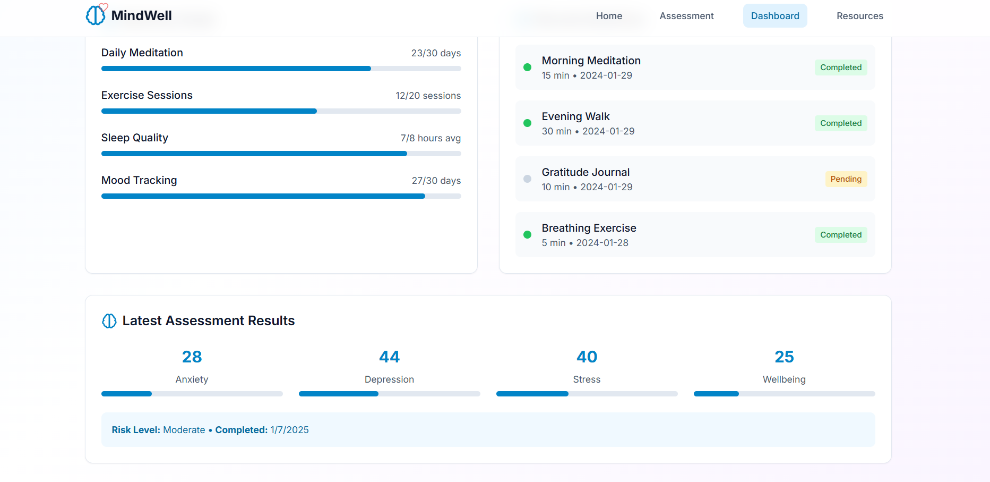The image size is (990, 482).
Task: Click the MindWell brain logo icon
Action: (x=96, y=15)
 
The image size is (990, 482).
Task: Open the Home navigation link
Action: (x=609, y=16)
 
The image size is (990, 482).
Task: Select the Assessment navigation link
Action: (x=686, y=16)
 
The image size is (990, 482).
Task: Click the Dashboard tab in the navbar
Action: (x=774, y=16)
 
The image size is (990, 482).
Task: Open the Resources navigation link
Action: (x=859, y=16)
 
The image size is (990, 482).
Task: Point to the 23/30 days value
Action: (x=436, y=53)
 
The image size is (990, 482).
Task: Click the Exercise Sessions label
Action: (x=147, y=95)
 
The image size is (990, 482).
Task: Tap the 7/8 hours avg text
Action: (x=431, y=138)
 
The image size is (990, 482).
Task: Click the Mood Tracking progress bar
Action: (x=281, y=196)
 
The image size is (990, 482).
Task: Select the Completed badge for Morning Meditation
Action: (x=840, y=67)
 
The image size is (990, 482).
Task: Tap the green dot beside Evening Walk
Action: (x=527, y=123)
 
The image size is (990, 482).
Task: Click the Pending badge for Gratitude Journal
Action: (x=846, y=179)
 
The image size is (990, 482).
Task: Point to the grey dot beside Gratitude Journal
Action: (x=527, y=179)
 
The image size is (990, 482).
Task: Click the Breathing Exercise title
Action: (x=589, y=228)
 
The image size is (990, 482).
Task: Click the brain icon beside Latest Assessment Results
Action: (x=109, y=321)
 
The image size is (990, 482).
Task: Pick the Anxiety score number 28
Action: (x=192, y=357)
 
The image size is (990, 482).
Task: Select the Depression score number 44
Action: (x=389, y=357)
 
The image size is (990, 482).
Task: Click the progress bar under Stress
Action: (x=587, y=394)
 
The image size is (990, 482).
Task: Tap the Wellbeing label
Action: (x=784, y=379)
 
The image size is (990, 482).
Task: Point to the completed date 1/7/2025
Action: (x=289, y=430)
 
